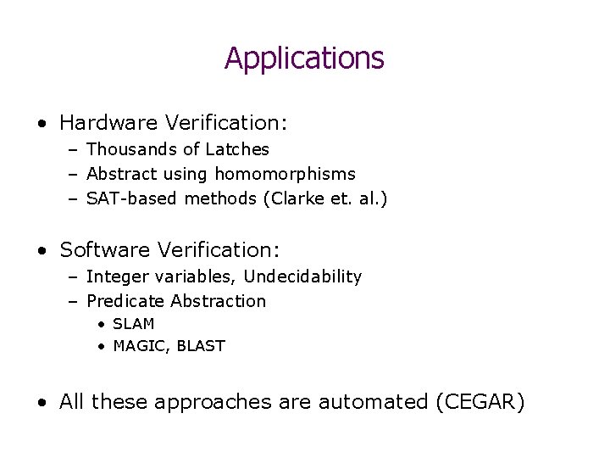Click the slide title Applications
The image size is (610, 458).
point(304,59)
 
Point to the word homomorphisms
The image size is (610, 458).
point(285,175)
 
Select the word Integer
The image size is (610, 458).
point(115,277)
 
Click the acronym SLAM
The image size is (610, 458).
point(133,325)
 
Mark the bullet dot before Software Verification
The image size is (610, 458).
point(42,251)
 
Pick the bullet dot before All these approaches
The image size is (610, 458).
point(42,403)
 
